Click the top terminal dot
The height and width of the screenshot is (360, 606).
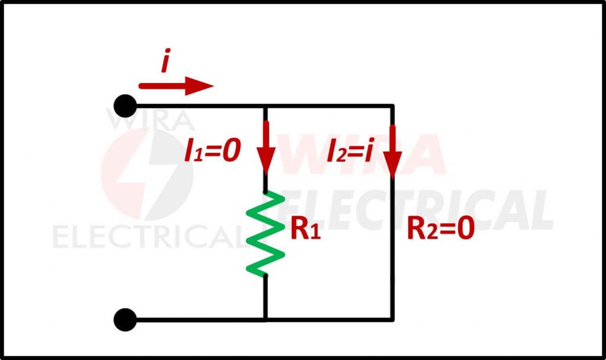124,106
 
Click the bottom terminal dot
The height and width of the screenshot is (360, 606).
124,320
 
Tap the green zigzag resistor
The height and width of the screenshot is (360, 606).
266,234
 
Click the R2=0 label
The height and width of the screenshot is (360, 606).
440,230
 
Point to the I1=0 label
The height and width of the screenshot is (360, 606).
212,153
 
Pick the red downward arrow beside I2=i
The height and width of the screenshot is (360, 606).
392,151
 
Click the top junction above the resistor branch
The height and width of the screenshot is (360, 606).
266,106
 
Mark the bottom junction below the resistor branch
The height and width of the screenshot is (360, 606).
266,320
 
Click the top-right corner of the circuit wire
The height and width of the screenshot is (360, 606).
392,106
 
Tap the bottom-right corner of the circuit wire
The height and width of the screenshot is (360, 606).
392,320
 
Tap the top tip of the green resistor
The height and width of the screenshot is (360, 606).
266,193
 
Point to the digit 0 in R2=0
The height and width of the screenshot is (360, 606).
465,230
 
